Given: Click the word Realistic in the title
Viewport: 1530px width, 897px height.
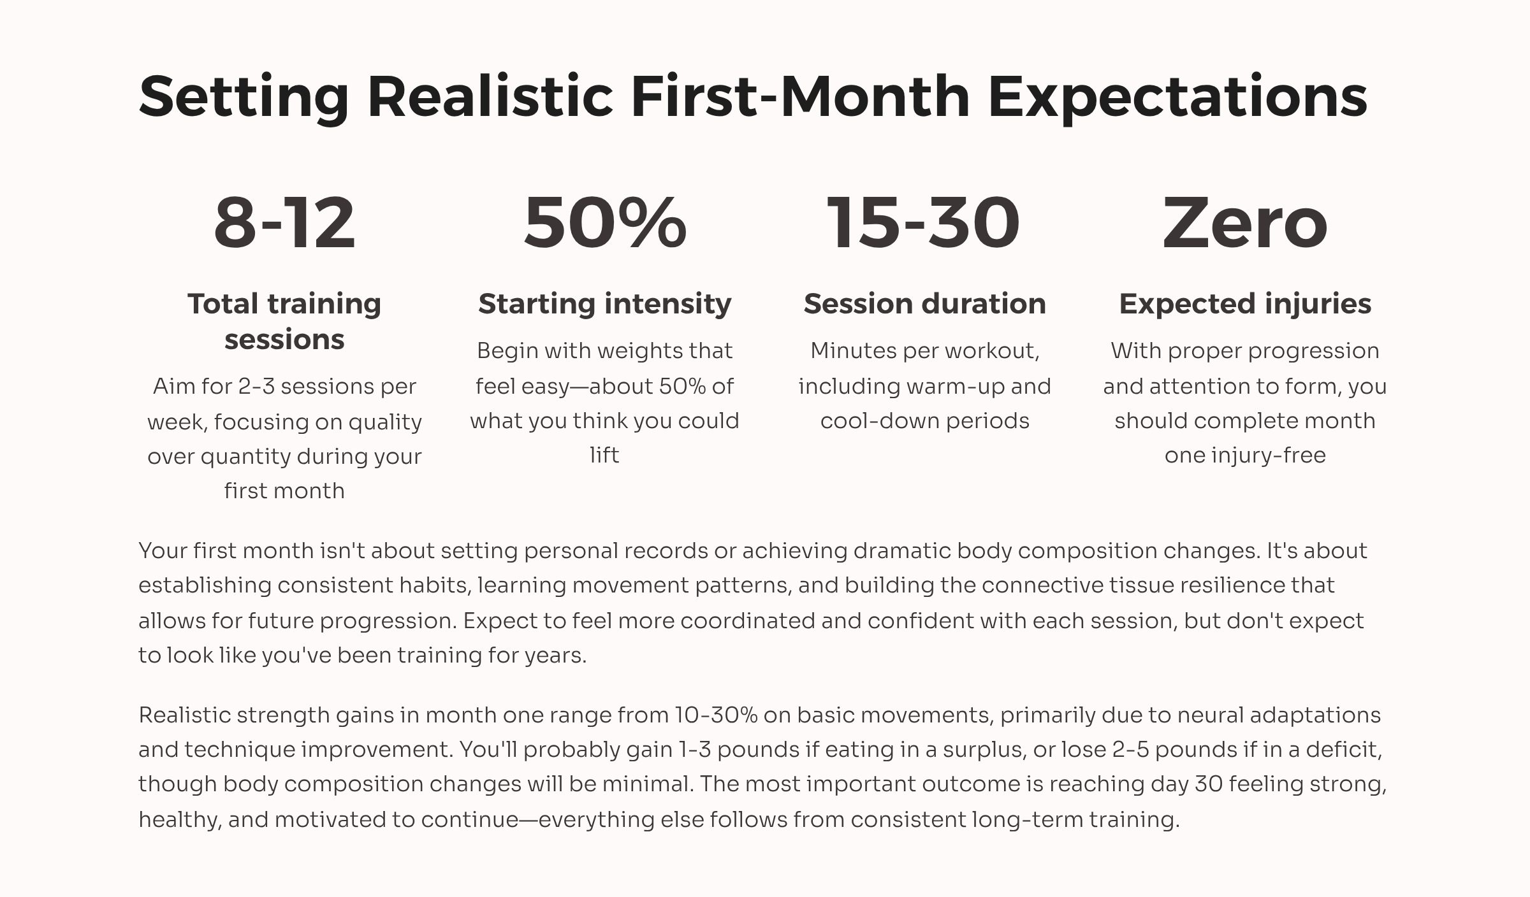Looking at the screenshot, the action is click(490, 97).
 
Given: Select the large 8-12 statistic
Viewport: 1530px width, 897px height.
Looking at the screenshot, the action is click(284, 222).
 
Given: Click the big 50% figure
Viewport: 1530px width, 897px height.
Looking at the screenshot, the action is click(605, 222).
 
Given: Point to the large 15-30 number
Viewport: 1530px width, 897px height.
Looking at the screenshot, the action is click(924, 222).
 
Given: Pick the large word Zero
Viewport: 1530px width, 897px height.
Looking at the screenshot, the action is click(1245, 222).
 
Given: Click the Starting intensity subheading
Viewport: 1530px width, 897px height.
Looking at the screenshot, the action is click(605, 304).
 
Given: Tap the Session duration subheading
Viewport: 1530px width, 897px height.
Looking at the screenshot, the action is click(925, 304).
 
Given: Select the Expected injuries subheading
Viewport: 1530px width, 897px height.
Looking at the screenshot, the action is click(1245, 305).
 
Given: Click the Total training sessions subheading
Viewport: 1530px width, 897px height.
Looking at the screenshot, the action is click(284, 321).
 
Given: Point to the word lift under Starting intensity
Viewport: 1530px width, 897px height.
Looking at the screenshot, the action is click(604, 455).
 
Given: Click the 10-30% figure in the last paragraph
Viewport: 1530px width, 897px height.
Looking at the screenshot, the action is click(716, 715).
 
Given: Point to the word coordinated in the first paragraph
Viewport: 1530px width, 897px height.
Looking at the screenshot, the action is click(748, 621).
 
